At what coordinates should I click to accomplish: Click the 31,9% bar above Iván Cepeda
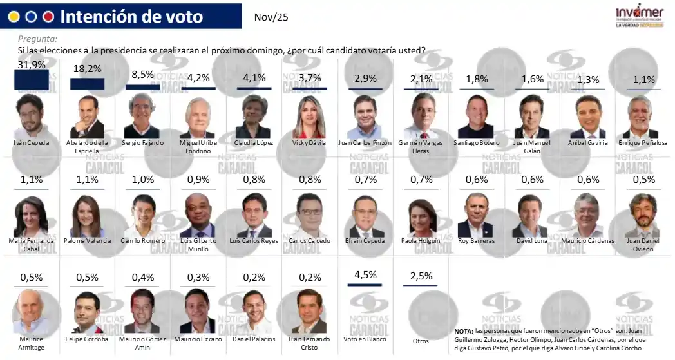(32, 80)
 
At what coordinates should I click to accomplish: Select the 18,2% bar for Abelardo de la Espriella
(87, 84)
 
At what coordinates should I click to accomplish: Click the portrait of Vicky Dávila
(309, 117)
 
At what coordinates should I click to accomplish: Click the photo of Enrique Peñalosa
(640, 117)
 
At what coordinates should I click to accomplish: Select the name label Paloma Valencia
(87, 241)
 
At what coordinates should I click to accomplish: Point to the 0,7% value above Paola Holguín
(421, 179)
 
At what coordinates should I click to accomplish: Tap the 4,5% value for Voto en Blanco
(365, 276)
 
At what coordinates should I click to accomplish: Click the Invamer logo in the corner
(639, 17)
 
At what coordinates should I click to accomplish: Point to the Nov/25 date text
(271, 17)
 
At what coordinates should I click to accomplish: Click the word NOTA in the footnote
(464, 331)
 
